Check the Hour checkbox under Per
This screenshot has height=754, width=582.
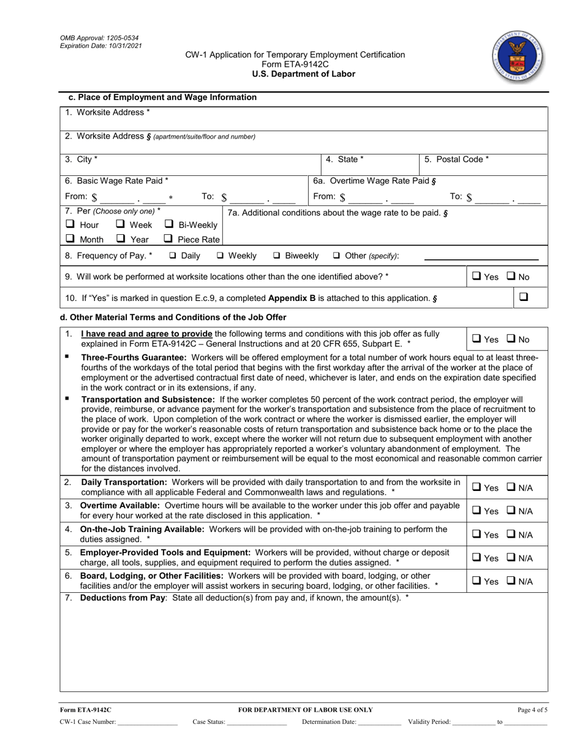click(x=70, y=224)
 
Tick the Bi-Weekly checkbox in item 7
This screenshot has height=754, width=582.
click(x=168, y=224)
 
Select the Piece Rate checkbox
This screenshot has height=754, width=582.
click(x=168, y=239)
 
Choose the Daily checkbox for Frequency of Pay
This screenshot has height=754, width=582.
click(x=173, y=256)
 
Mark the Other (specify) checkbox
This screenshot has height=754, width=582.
click(x=336, y=256)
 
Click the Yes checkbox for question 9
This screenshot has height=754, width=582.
click(x=476, y=277)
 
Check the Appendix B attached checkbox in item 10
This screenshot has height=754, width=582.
click(x=524, y=297)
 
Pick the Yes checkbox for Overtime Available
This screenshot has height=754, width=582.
click(x=476, y=511)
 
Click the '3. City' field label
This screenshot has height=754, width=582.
click(x=81, y=159)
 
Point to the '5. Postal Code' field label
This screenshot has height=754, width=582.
click(x=456, y=159)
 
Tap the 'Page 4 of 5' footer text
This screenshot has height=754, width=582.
click(x=532, y=710)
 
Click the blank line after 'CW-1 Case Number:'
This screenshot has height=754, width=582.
click(x=148, y=723)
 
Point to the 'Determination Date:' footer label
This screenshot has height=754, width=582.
click(x=329, y=722)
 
